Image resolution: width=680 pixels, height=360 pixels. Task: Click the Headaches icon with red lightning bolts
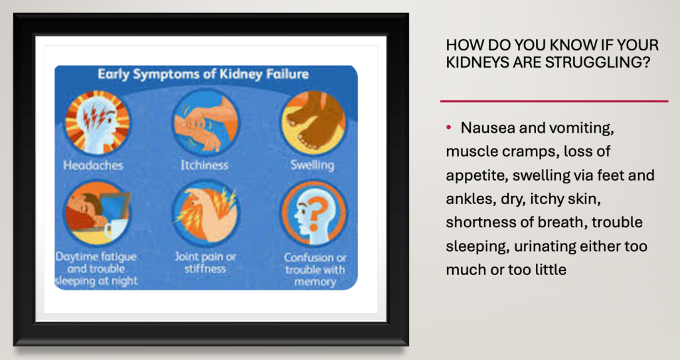pyautogui.click(x=97, y=123)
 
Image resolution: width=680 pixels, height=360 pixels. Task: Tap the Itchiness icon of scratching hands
pyautogui.click(x=205, y=123)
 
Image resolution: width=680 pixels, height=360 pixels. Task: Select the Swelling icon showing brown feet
pyautogui.click(x=313, y=123)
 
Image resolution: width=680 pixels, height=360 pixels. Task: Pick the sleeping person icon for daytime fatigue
pyautogui.click(x=97, y=213)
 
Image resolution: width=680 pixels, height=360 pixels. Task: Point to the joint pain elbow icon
pyautogui.click(x=205, y=213)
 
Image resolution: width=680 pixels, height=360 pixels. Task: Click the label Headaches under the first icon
pyautogui.click(x=93, y=165)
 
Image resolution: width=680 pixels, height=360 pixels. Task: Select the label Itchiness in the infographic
pyautogui.click(x=205, y=165)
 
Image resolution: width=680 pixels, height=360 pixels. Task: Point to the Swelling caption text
pyautogui.click(x=312, y=165)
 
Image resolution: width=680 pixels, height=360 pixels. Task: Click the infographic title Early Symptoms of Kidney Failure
pyautogui.click(x=203, y=74)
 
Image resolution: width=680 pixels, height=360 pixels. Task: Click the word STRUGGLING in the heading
pyautogui.click(x=598, y=62)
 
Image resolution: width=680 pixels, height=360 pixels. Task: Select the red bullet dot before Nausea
pyautogui.click(x=449, y=127)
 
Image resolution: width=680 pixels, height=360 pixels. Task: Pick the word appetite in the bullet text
pyautogui.click(x=477, y=176)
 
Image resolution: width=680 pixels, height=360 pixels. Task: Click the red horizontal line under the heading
pyautogui.click(x=554, y=102)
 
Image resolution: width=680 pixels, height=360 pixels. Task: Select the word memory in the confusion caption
pyautogui.click(x=315, y=282)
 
